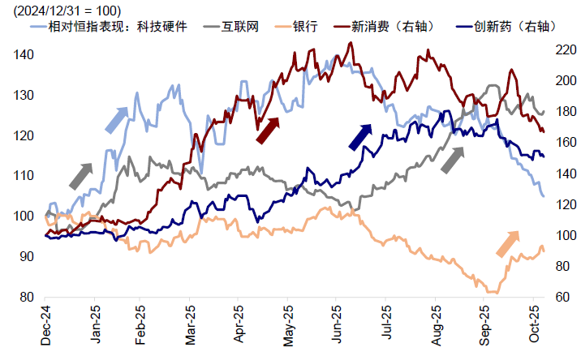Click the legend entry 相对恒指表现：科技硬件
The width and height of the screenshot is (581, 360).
(x=127, y=27)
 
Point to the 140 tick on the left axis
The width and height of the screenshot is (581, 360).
(x=24, y=54)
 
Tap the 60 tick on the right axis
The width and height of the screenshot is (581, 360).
(x=559, y=297)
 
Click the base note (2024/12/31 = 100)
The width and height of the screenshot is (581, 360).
(x=62, y=10)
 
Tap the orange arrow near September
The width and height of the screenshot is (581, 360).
(x=507, y=243)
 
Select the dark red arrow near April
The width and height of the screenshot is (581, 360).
(x=268, y=130)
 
